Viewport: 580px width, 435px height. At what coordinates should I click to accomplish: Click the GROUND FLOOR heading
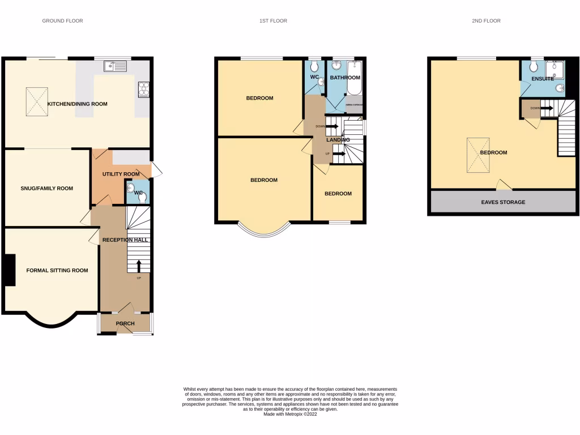pyautogui.click(x=62, y=21)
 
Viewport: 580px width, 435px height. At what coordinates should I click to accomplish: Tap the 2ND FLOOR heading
pyautogui.click(x=486, y=21)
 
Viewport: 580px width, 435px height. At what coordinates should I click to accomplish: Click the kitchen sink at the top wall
pyautogui.click(x=117, y=66)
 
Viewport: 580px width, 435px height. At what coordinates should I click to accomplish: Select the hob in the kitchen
pyautogui.click(x=144, y=88)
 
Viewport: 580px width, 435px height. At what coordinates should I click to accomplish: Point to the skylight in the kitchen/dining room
pyautogui.click(x=39, y=103)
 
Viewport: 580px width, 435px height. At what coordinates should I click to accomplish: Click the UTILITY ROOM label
pyautogui.click(x=121, y=174)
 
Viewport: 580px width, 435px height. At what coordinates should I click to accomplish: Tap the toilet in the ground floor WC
pyautogui.click(x=141, y=197)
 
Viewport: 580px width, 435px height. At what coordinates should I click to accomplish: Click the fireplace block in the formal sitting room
pyautogui.click(x=10, y=270)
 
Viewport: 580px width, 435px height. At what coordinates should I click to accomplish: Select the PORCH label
pyautogui.click(x=125, y=323)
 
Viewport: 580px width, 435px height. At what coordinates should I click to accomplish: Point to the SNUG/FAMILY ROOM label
pyautogui.click(x=47, y=189)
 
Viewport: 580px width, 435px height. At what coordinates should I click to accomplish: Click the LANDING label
pyautogui.click(x=338, y=140)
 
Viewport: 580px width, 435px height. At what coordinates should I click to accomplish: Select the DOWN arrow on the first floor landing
pyautogui.click(x=332, y=126)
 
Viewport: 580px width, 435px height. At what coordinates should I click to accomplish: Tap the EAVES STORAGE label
pyautogui.click(x=503, y=202)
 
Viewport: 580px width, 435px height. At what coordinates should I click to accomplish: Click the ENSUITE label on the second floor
pyautogui.click(x=542, y=79)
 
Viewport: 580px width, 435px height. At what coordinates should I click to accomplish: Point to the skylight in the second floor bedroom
pyautogui.click(x=479, y=155)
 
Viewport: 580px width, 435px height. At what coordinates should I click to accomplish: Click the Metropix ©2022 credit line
pyautogui.click(x=290, y=414)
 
